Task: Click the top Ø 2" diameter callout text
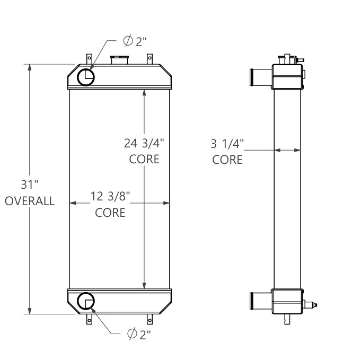(133, 42)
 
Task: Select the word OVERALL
(30, 201)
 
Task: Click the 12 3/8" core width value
(110, 196)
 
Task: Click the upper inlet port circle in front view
(86, 78)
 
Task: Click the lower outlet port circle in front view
(85, 302)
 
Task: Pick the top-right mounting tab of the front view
(150, 58)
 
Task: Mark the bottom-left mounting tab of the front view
(89, 320)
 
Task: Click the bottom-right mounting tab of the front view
(150, 320)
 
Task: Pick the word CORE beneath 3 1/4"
(227, 159)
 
